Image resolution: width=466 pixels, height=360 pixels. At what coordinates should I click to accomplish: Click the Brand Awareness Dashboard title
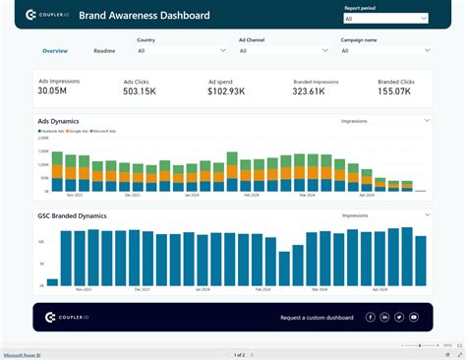151,16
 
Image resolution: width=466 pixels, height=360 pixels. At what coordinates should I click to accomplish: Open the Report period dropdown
384,19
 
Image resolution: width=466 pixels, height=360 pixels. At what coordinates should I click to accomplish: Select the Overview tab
55,50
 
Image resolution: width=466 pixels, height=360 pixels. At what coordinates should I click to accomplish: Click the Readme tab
104,50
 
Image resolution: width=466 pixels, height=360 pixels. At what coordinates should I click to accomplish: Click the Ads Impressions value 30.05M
53,91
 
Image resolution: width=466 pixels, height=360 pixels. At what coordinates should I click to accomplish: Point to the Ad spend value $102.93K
228,92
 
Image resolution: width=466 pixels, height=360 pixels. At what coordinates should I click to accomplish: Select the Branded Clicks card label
397,83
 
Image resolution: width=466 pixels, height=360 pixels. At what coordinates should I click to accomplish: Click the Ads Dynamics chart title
58,121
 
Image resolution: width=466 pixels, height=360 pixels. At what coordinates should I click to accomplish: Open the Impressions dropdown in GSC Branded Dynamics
383,214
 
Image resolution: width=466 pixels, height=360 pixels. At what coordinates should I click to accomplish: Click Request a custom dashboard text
316,317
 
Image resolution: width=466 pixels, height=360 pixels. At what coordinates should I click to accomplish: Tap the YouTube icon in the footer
414,317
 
